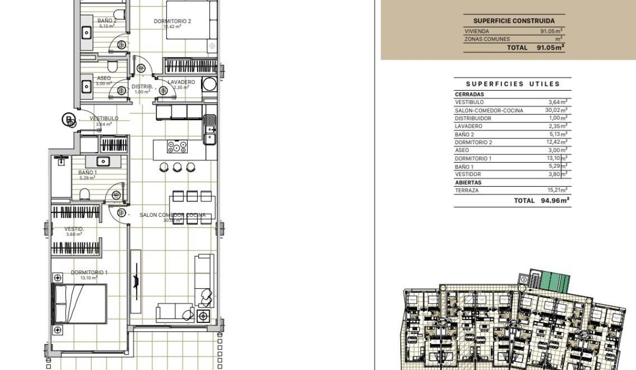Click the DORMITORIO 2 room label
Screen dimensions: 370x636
[x=172, y=21]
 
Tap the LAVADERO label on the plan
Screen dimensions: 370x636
[x=181, y=82]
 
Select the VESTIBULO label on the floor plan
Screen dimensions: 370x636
[x=104, y=118]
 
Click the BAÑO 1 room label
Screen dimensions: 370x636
[x=87, y=172]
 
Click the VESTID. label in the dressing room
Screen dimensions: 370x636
[x=74, y=229]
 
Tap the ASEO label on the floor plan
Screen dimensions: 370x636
[x=104, y=78]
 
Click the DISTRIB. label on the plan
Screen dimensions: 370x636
[x=142, y=86]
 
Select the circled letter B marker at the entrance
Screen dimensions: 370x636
[x=68, y=120]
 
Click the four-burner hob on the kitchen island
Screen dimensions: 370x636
[x=177, y=147]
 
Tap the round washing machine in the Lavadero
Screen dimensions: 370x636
[x=210, y=85]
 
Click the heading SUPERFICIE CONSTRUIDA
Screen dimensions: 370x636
[x=514, y=21]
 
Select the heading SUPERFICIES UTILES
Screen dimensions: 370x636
[x=513, y=84]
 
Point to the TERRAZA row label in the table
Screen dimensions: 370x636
[x=467, y=190]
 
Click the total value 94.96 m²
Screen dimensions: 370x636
[x=554, y=201]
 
